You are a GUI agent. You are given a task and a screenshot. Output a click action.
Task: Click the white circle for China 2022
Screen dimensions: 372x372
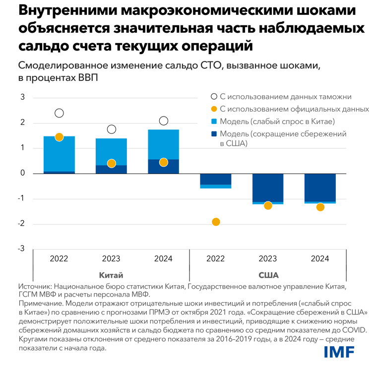pyautogui.click(x=59, y=113)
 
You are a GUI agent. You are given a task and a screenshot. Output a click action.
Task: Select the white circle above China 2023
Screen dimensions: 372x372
pyautogui.click(x=112, y=129)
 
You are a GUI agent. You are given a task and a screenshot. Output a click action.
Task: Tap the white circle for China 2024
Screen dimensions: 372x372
pyautogui.click(x=164, y=121)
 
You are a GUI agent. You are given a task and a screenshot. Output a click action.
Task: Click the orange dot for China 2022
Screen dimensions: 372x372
pyautogui.click(x=59, y=137)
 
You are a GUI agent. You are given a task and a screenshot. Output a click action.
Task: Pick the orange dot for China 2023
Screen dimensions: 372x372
pyautogui.click(x=112, y=163)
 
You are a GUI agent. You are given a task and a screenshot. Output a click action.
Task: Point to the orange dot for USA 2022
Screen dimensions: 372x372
pyautogui.click(x=216, y=222)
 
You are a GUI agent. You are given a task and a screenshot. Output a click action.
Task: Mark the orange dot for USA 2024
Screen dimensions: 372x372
pyautogui.click(x=320, y=207)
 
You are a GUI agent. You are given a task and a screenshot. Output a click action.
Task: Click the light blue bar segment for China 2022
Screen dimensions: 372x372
pyautogui.click(x=59, y=154)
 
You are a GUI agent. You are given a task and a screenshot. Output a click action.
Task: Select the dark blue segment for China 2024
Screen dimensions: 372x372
pyautogui.click(x=164, y=167)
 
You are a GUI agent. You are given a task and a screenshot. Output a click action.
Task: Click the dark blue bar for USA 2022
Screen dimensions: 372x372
pyautogui.click(x=216, y=179)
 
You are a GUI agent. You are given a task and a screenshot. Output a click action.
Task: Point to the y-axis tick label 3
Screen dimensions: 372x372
pyautogui.click(x=22, y=98)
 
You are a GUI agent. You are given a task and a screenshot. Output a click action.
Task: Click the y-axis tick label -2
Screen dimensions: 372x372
pyautogui.click(x=21, y=224)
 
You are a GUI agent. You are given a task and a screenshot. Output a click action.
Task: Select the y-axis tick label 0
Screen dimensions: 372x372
pyautogui.click(x=22, y=174)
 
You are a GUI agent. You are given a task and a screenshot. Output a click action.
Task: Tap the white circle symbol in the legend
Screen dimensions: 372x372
pyautogui.click(x=213, y=97)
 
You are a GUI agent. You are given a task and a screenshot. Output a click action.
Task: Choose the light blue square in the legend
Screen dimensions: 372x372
pyautogui.click(x=213, y=122)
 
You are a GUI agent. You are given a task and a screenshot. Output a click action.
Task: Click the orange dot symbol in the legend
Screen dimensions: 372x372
pyautogui.click(x=213, y=109)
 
